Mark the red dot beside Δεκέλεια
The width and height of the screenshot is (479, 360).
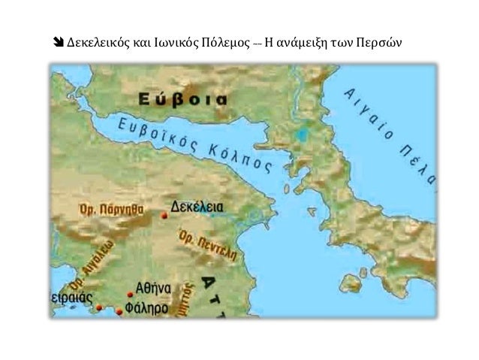pyautogui.click(x=164, y=216)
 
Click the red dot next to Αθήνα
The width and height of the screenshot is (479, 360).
pyautogui.click(x=130, y=294)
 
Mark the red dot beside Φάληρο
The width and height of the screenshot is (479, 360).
pyautogui.click(x=119, y=309)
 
